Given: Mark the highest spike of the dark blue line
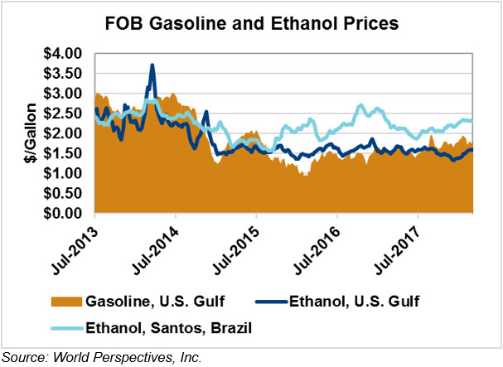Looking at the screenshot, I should pyautogui.click(x=152, y=65).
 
